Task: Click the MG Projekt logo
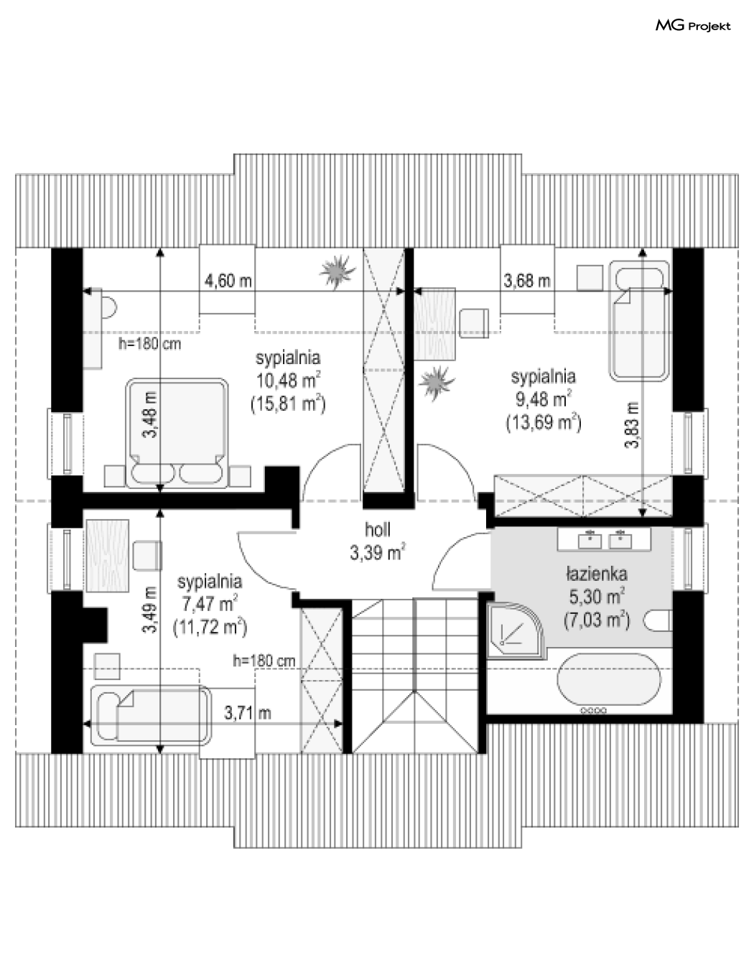[693, 26]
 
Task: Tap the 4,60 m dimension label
[228, 281]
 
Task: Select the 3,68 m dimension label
[527, 281]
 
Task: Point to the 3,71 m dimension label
[248, 713]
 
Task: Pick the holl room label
[378, 530]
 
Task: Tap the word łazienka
[597, 574]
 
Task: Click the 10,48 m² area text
[288, 381]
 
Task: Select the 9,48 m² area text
[544, 399]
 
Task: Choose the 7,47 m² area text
[210, 604]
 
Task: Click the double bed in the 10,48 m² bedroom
[177, 433]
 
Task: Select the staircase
[414, 675]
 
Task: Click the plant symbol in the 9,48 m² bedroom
[437, 383]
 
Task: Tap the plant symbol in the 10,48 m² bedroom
[338, 271]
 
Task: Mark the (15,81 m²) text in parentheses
[288, 404]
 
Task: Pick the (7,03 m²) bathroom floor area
[597, 620]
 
